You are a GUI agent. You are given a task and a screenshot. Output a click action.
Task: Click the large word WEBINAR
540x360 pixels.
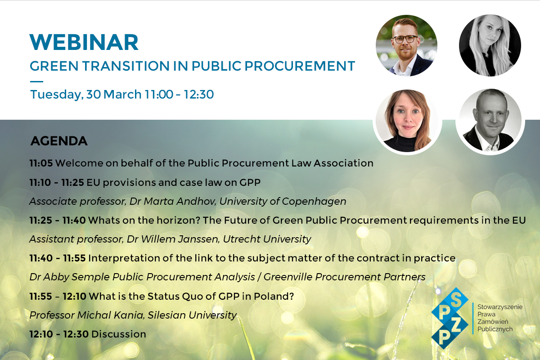(84, 42)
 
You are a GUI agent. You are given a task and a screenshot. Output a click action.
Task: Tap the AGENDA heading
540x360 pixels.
(59, 141)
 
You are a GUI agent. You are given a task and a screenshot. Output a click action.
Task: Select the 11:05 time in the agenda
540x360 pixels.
(41, 163)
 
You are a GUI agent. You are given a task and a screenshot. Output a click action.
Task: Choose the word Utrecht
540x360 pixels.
(242, 239)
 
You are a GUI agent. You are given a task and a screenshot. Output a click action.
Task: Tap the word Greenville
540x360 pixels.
(288, 277)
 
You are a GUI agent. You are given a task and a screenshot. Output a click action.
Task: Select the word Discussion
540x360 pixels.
(119, 334)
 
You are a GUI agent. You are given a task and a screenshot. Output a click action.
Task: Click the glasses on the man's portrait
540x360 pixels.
(405, 39)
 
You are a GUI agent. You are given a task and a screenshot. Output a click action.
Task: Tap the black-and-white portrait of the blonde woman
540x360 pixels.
(490, 45)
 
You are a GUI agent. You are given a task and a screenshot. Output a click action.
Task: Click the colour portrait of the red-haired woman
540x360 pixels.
(407, 121)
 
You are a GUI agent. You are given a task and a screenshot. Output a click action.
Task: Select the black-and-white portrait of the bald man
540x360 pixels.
(490, 120)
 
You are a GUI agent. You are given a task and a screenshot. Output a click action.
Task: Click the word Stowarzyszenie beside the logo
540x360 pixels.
(500, 307)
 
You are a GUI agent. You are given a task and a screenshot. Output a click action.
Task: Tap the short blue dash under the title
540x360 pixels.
(36, 82)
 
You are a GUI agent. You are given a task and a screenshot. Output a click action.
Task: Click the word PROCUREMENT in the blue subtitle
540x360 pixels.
(300, 66)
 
